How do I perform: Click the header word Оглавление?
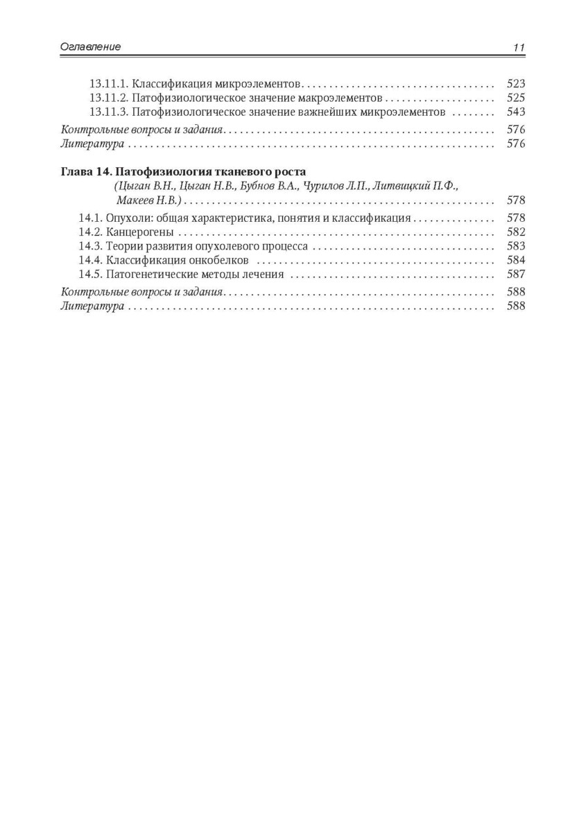pyautogui.click(x=90, y=47)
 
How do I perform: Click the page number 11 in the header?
pyautogui.click(x=519, y=48)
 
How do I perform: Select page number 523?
pyautogui.click(x=516, y=83)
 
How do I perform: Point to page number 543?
pyautogui.click(x=516, y=112)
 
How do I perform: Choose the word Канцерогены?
pyautogui.click(x=141, y=232)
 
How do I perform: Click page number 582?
pyautogui.click(x=516, y=232)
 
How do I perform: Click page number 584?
pyautogui.click(x=516, y=261)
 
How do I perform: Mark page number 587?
pyautogui.click(x=516, y=275)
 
